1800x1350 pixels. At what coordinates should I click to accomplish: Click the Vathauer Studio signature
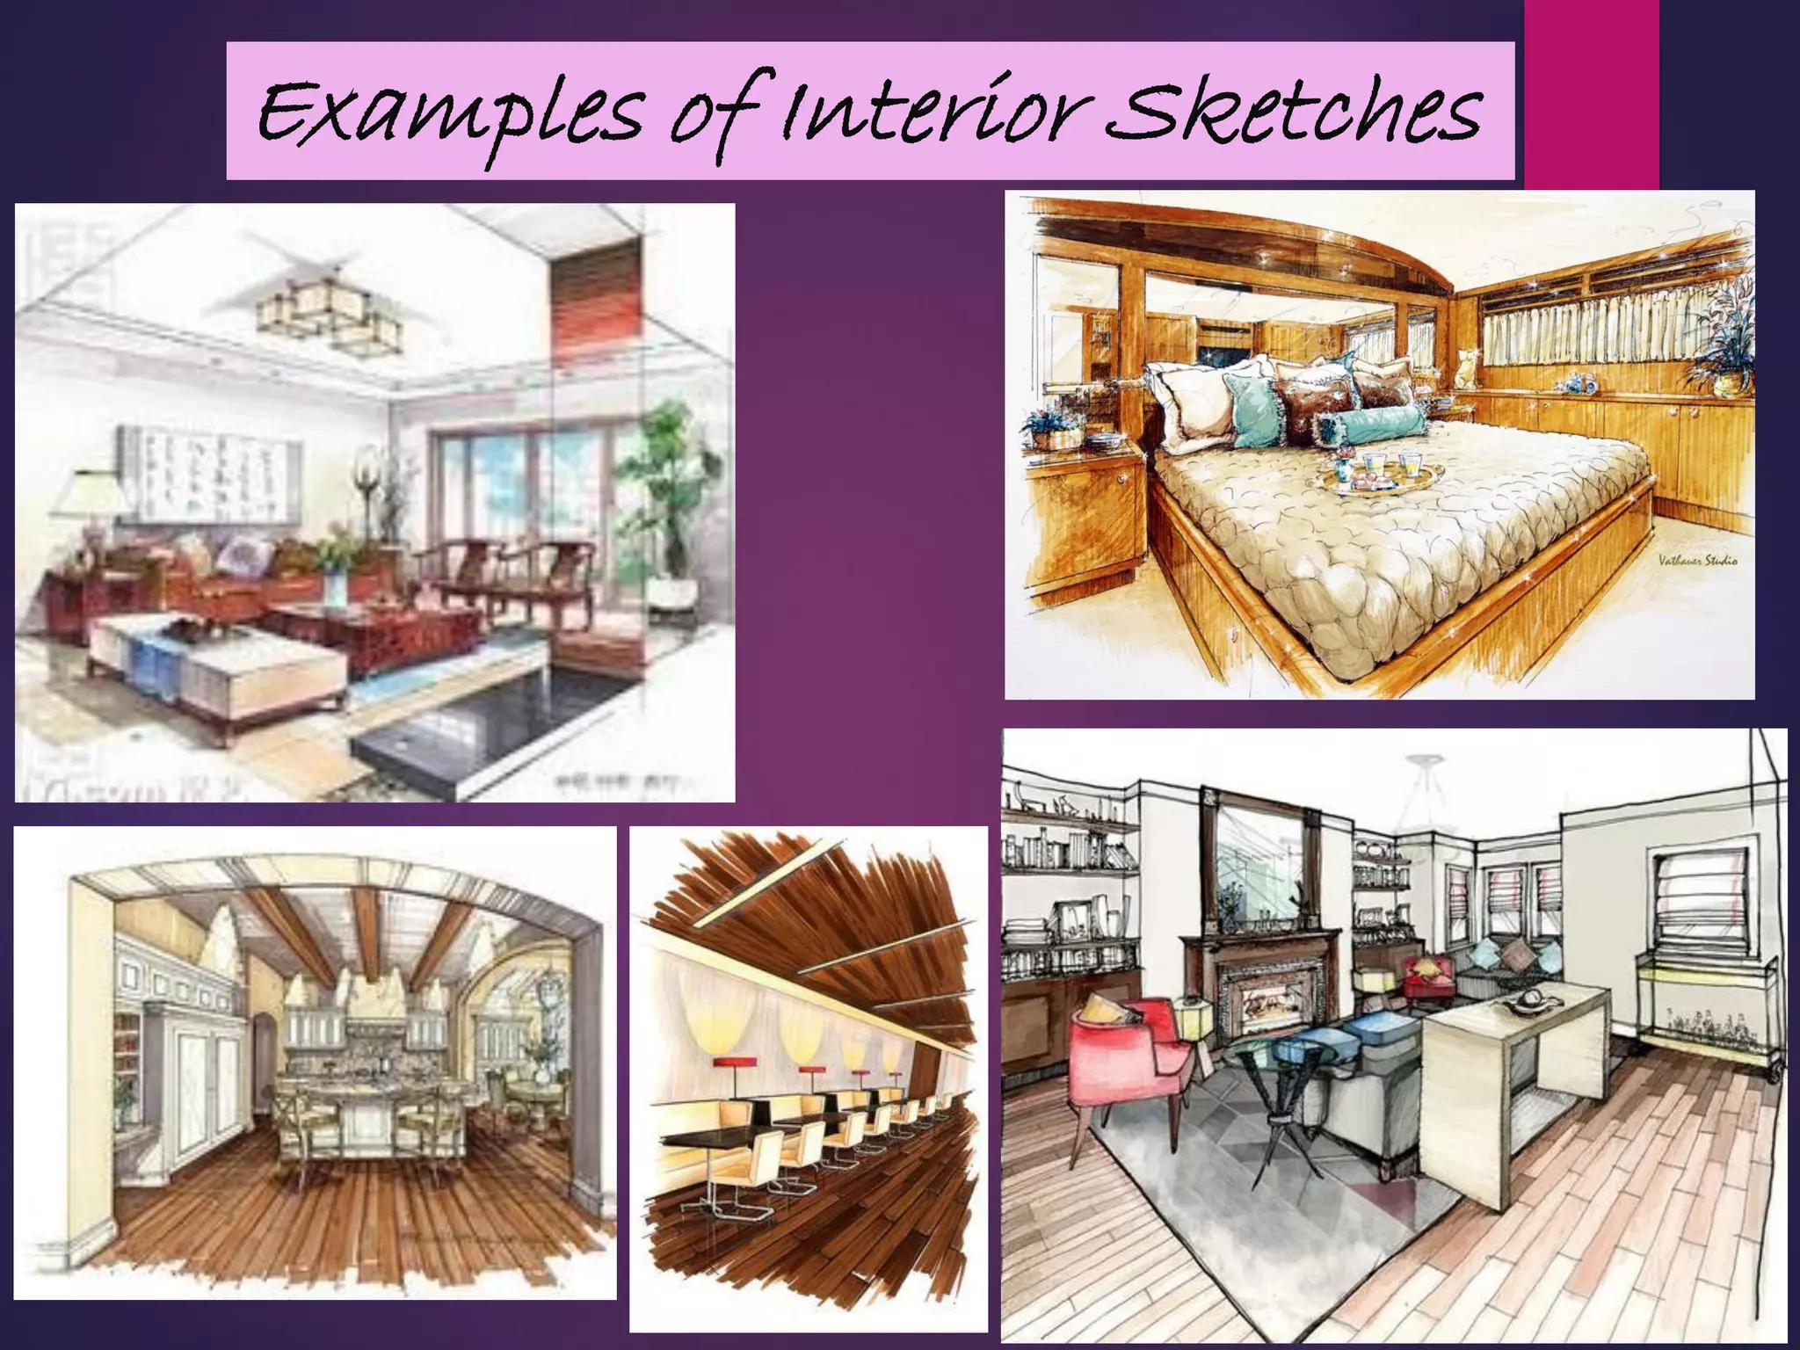(1697, 560)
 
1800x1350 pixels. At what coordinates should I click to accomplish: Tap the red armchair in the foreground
(1134, 1055)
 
